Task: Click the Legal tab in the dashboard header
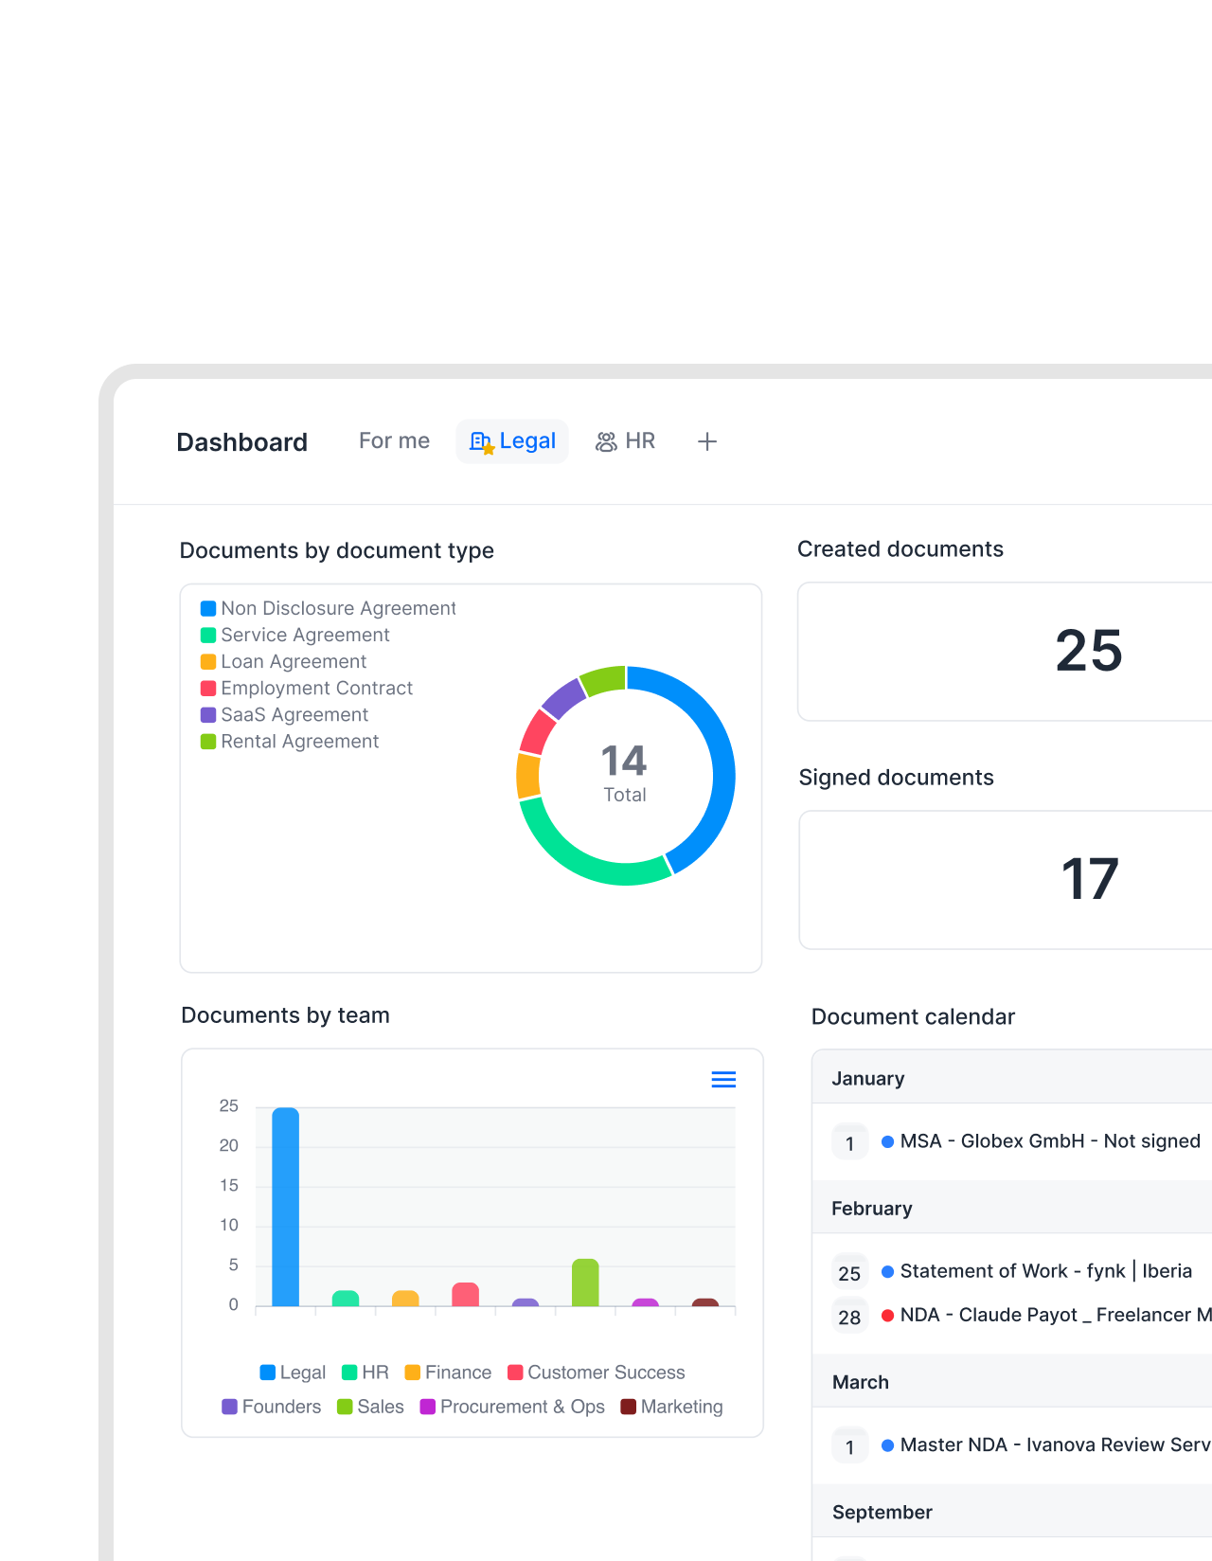[512, 441]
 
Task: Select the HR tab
[625, 441]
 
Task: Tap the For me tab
[394, 440]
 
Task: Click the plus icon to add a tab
[706, 441]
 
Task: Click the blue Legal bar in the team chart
[285, 1206]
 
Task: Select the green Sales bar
[585, 1283]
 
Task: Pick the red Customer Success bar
[465, 1294]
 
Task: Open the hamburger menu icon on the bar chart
[723, 1079]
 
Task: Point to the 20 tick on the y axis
[228, 1145]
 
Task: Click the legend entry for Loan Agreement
[283, 661]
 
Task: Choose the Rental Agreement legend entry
[290, 741]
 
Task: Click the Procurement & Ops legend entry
[512, 1406]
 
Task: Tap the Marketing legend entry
[671, 1406]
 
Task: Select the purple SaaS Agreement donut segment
[562, 697]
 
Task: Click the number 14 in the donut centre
[623, 761]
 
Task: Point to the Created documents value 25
[1089, 650]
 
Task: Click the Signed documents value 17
[1090, 879]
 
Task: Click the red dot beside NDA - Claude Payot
[887, 1316]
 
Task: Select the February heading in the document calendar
[872, 1209]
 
